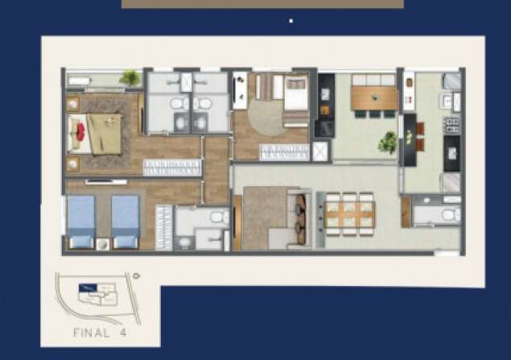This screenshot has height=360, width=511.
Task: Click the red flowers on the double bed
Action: coord(80,132)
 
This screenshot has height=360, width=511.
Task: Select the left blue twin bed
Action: coord(80,221)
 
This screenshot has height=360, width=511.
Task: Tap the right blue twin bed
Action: coord(126,221)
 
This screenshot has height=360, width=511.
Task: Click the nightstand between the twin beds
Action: coord(103,244)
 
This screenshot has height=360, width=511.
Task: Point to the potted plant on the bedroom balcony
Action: coord(130,78)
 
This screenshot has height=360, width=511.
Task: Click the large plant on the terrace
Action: coord(388,143)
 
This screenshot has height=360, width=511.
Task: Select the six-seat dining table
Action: coord(350,213)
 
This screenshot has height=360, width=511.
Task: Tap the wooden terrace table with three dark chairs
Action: coord(375,97)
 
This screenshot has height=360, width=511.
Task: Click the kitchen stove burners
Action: coord(452,126)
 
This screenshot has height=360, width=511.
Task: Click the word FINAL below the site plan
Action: coord(91,333)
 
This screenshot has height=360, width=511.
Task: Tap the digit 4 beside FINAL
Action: coord(123,333)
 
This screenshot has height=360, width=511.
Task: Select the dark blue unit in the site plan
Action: coord(88,288)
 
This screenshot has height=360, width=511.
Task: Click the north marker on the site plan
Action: coord(136,276)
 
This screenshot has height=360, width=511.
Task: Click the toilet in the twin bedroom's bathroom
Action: coord(220,217)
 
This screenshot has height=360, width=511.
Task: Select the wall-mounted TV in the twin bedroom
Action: coord(106,182)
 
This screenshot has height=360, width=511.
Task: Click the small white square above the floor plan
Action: coord(291,21)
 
